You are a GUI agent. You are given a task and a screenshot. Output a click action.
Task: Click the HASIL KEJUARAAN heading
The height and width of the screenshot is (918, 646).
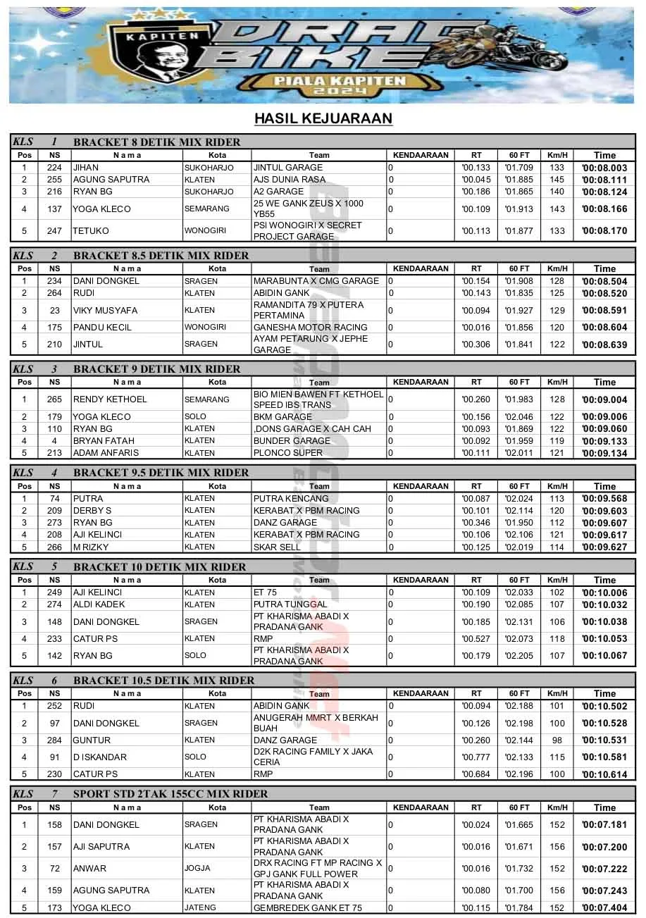pos(323,118)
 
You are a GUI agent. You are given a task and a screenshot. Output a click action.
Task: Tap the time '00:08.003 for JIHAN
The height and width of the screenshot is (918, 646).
pos(604,168)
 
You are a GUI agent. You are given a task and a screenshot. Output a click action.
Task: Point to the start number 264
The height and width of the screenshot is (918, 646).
pos(54,293)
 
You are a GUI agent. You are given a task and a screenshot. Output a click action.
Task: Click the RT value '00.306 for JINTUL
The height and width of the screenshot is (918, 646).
pos(476,345)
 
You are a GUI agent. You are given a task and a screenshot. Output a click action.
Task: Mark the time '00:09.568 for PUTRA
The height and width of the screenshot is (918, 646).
pos(604,499)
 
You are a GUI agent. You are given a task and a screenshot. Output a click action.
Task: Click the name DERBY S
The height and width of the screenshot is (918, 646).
pos(92,511)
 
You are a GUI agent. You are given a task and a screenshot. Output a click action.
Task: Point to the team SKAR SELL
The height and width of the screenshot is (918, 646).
pos(277,547)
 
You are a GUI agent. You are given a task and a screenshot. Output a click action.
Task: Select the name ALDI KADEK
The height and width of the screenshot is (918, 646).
pos(99,604)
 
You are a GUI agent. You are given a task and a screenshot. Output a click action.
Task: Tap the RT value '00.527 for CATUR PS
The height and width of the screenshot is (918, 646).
pos(476,639)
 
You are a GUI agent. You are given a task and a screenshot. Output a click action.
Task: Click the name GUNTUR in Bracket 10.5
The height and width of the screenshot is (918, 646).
pos(92,740)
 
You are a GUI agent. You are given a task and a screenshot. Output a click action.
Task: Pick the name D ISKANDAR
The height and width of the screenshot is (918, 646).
pos(100,757)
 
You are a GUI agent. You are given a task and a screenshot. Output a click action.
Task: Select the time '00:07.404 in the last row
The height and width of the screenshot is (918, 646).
pos(604,909)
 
